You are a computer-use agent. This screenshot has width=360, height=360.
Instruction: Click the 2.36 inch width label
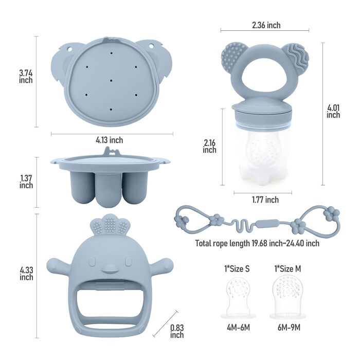(266, 25)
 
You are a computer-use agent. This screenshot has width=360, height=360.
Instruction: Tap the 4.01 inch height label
(333, 112)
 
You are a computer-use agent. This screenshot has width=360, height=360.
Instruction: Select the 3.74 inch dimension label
(26, 77)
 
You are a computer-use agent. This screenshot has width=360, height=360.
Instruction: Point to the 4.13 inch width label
(109, 140)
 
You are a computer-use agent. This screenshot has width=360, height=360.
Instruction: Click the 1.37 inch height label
(26, 182)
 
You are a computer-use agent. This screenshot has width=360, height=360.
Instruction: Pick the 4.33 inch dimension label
(26, 274)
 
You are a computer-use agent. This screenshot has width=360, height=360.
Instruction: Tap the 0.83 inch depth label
(177, 331)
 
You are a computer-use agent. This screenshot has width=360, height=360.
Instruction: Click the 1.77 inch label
(265, 200)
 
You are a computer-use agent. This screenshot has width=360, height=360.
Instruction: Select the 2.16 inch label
(209, 146)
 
